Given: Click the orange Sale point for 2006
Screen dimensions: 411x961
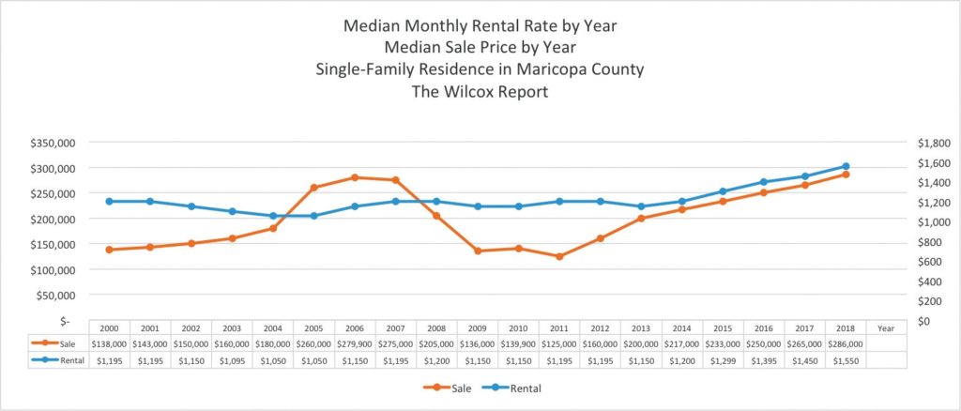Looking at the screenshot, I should point(355,177).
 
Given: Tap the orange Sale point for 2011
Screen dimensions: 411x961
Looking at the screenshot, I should point(559,256).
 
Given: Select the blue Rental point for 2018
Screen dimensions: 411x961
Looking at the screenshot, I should point(846,166).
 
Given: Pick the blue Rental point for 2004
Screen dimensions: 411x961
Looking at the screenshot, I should point(273,216).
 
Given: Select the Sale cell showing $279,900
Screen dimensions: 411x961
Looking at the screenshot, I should point(355,343).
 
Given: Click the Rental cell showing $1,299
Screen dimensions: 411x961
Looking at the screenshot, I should point(723,359).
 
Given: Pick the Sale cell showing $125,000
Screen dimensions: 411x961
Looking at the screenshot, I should point(559,343).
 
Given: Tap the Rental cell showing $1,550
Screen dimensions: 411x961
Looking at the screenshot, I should point(846,359).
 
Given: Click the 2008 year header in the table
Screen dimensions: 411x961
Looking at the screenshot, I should point(436,327).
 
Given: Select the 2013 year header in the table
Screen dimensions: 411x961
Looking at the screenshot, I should point(641,327).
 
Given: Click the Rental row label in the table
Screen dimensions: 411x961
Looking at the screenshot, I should point(71,359).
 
